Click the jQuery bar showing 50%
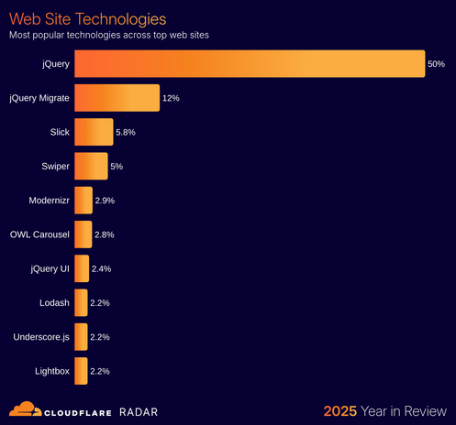(249, 64)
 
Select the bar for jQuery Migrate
(117, 98)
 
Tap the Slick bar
(94, 132)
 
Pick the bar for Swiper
(91, 166)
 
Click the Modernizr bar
(83, 200)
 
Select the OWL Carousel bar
(83, 234)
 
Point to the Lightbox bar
(81, 371)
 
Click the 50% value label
(436, 64)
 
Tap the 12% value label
(172, 98)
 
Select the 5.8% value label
(126, 133)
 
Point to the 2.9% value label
(105, 201)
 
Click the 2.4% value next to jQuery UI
(101, 268)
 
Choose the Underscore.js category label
(41, 337)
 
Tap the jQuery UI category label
(49, 268)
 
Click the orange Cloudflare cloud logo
(25, 409)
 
